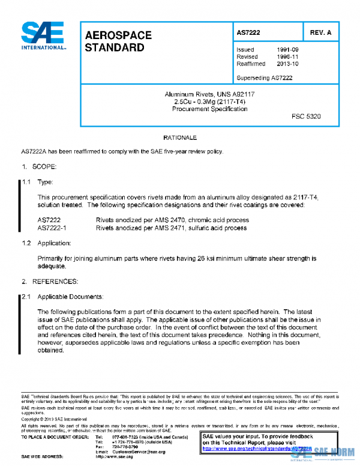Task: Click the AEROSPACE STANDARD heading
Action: (118, 40)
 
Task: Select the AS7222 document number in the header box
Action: (248, 32)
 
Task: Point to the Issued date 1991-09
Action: (288, 50)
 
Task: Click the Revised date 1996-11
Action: (288, 56)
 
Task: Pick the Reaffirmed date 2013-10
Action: (288, 63)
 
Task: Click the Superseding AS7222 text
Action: (264, 77)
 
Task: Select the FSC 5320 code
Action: (305, 116)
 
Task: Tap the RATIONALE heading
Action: (180, 138)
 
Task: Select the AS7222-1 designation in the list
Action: (52, 228)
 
